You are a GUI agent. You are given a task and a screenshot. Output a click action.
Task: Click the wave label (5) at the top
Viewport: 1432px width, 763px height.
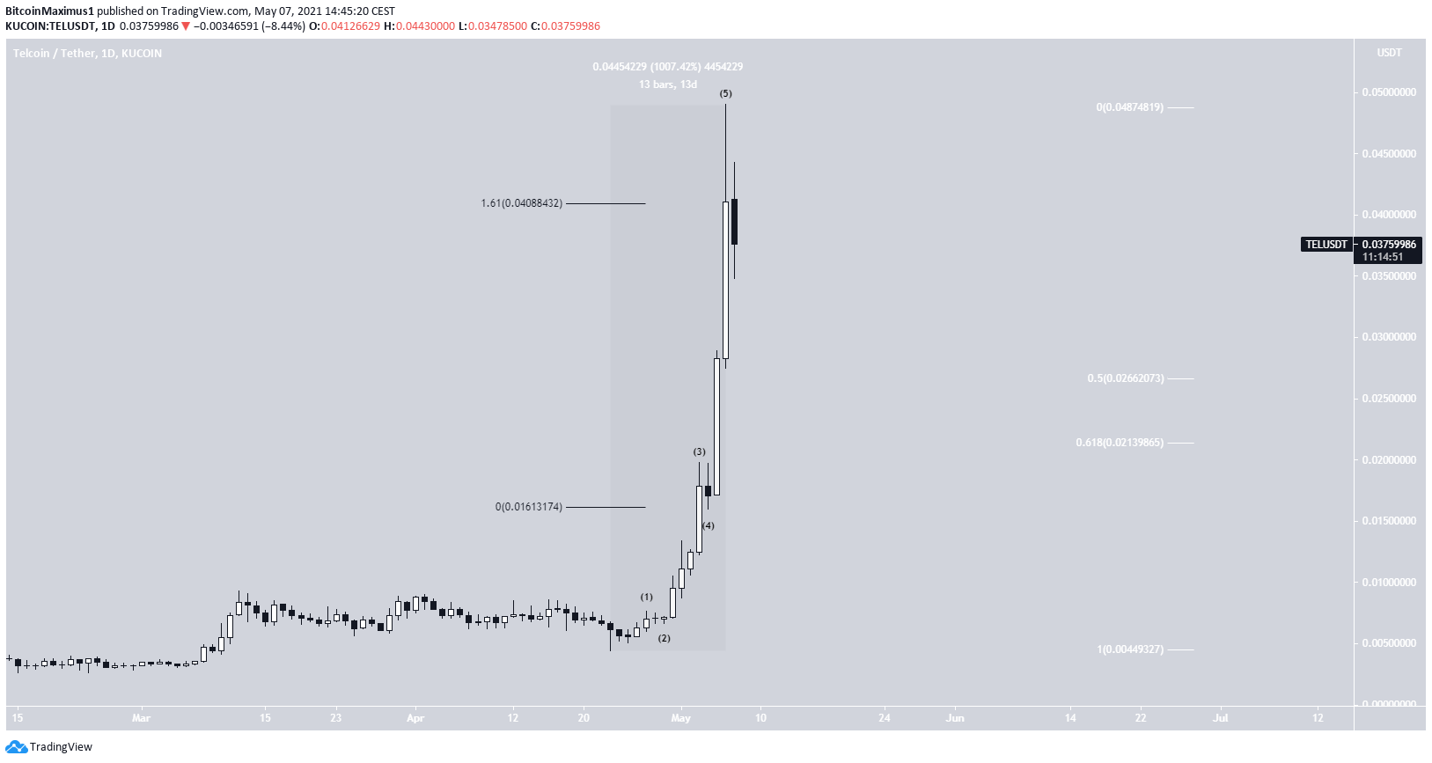[x=725, y=93]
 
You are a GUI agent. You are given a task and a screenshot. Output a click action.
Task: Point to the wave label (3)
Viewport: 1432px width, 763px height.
[x=699, y=452]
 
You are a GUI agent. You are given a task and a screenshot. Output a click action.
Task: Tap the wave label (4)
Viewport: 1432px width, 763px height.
[x=709, y=526]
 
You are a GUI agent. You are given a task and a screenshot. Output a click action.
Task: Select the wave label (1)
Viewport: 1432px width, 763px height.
[x=647, y=598]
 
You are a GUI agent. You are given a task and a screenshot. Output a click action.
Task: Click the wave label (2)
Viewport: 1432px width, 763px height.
[x=665, y=639]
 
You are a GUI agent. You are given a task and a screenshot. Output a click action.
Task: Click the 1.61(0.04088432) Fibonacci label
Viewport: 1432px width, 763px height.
[x=521, y=203]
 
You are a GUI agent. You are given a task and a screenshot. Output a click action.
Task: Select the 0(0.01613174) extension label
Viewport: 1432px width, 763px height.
[x=528, y=507]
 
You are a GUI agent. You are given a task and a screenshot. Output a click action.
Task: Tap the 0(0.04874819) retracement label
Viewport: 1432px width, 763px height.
[x=1130, y=107]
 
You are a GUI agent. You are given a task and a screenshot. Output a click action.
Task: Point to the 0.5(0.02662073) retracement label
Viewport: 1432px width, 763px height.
[x=1126, y=378]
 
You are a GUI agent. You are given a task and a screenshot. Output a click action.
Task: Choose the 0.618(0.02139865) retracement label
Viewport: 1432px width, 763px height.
[x=1120, y=443]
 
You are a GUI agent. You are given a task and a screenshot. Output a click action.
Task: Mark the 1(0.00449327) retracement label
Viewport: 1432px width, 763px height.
[x=1130, y=649]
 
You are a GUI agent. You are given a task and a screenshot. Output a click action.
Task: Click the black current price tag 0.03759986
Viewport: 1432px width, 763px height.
[x=1389, y=245]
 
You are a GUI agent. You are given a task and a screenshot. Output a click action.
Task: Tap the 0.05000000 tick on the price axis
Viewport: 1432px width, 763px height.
[x=1389, y=92]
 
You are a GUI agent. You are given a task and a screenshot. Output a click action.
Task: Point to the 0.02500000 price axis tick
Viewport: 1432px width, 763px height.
[x=1389, y=399]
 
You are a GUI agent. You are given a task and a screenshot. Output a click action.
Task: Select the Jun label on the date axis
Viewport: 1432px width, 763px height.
[x=955, y=718]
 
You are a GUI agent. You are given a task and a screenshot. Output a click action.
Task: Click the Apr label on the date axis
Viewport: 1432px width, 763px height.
[x=415, y=718]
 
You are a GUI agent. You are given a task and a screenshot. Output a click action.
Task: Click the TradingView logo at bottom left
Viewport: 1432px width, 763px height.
[x=49, y=747]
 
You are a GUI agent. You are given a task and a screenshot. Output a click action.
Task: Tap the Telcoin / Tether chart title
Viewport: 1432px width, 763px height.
[x=87, y=54]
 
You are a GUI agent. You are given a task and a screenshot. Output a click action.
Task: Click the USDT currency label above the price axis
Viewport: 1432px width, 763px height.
[x=1389, y=53]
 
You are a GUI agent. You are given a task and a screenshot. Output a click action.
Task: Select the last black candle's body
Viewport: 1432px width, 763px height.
[x=734, y=222]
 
